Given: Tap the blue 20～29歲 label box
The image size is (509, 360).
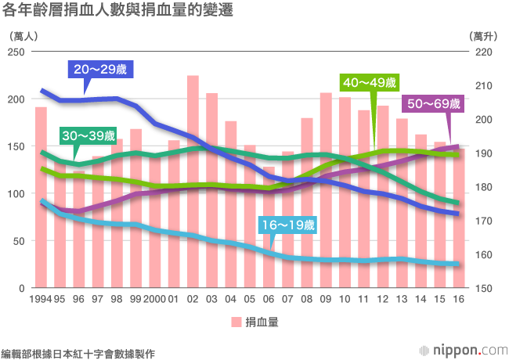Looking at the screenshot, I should tap(100, 70).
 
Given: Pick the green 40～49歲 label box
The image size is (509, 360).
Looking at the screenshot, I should tap(369, 82).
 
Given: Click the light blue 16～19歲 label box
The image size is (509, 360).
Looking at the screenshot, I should tap(287, 225).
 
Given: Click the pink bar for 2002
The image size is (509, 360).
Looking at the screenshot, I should tap(193, 188).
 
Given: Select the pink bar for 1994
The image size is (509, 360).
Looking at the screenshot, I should tap(41, 203).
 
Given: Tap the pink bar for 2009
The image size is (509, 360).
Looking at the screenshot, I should tap(326, 196).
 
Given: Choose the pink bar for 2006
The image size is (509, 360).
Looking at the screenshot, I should tap(269, 235).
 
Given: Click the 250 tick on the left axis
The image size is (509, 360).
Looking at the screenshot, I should tap(18, 52).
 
